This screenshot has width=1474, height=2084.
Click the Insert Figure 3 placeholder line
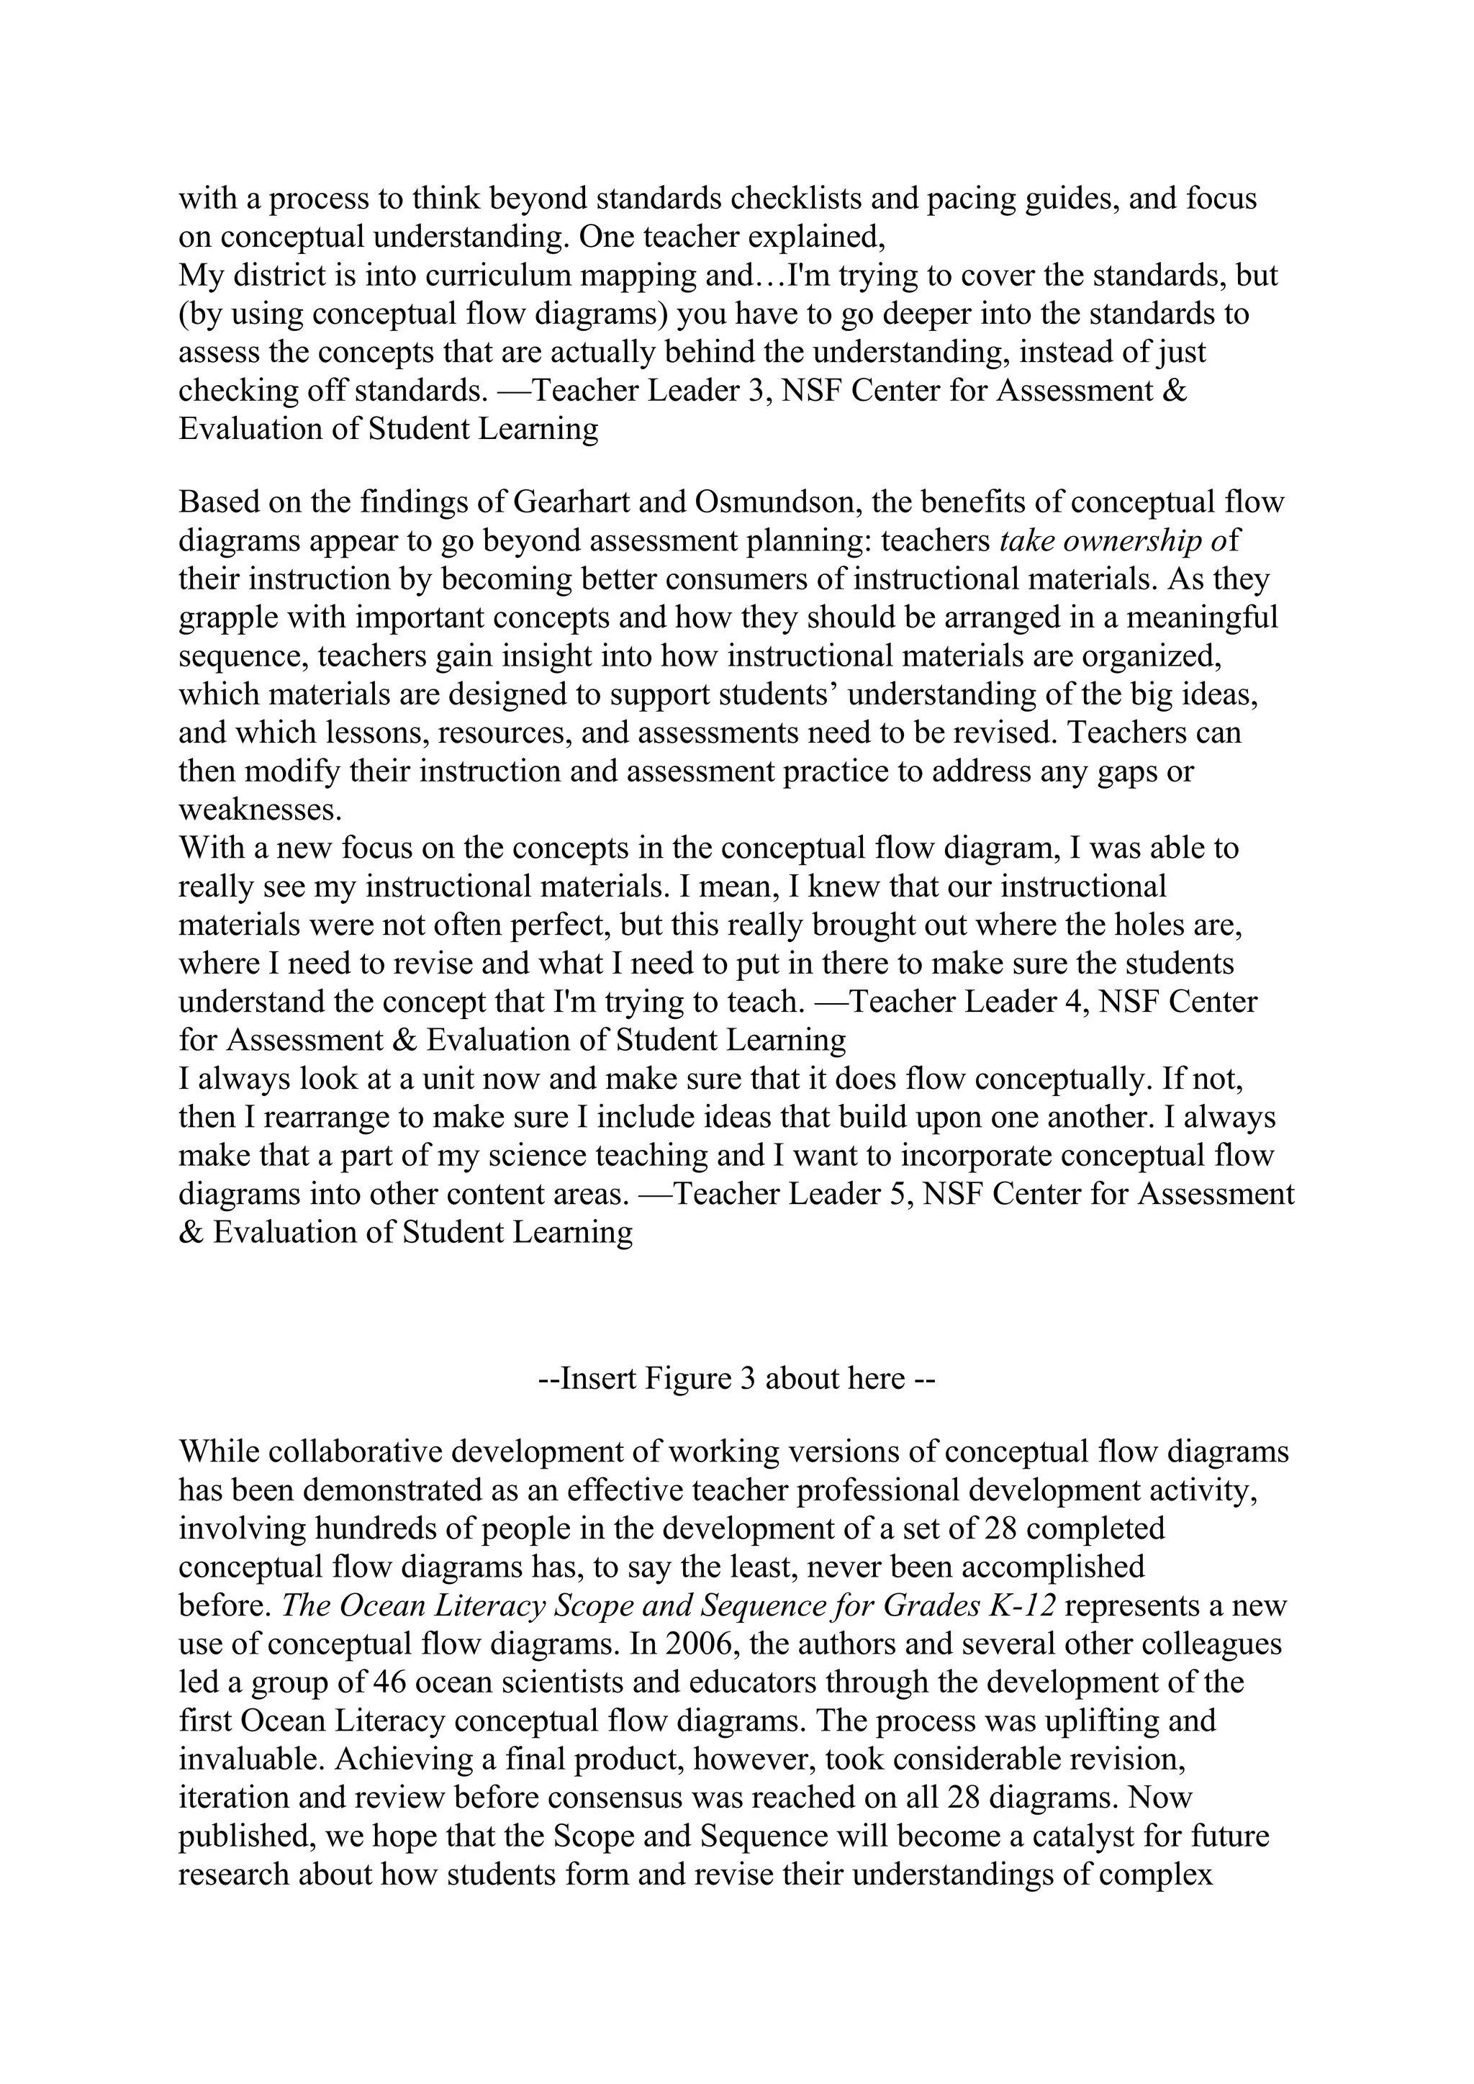(x=736, y=1378)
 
